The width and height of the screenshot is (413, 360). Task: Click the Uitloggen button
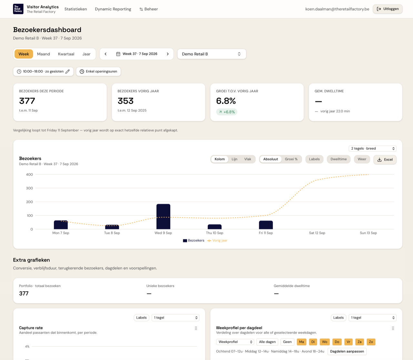(x=388, y=9)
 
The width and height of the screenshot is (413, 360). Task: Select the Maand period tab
(x=44, y=54)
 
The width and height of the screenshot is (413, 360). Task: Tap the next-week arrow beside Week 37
(x=168, y=54)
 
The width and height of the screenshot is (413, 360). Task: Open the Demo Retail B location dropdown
(x=212, y=54)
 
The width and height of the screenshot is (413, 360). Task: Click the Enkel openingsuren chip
(x=98, y=71)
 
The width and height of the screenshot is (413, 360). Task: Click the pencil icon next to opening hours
(x=68, y=71)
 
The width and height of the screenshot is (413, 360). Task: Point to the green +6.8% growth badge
(x=227, y=112)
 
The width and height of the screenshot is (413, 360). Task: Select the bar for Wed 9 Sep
(x=163, y=216)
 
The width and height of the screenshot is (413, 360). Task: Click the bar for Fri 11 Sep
(x=266, y=225)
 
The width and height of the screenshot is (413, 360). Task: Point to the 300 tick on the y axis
(x=29, y=188)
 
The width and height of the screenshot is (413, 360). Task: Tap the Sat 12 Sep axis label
(x=317, y=233)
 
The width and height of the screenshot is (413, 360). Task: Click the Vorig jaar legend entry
(x=217, y=241)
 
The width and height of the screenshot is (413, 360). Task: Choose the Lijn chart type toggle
(x=234, y=159)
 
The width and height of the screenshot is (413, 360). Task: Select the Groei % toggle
(x=291, y=159)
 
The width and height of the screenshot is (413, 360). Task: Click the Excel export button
(x=385, y=159)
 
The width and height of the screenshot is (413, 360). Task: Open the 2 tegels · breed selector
(x=372, y=149)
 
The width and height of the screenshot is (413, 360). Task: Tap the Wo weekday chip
(x=325, y=342)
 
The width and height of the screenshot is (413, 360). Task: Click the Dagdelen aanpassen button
(x=347, y=351)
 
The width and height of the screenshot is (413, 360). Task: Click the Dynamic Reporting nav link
(x=113, y=9)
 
